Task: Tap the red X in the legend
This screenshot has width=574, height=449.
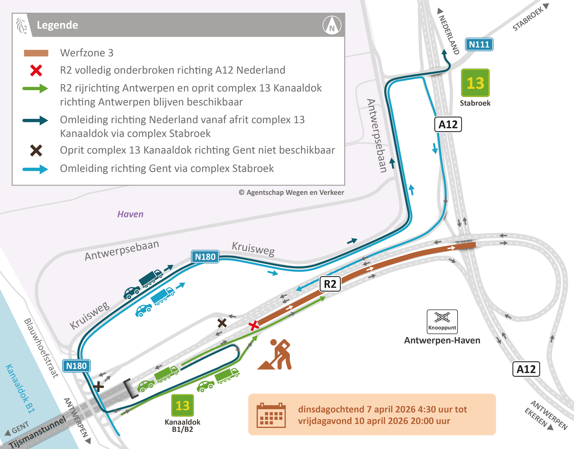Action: point(36,70)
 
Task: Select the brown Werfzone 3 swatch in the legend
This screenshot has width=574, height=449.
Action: point(36,53)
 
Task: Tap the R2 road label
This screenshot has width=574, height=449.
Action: point(330,284)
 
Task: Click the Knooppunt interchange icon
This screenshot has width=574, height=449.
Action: point(442,321)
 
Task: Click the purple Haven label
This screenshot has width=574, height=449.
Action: point(130,214)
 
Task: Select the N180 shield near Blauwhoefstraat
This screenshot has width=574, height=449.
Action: point(76,366)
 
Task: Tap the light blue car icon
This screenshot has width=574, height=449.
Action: point(143,310)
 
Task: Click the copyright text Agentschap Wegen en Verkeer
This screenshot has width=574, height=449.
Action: point(291,192)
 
